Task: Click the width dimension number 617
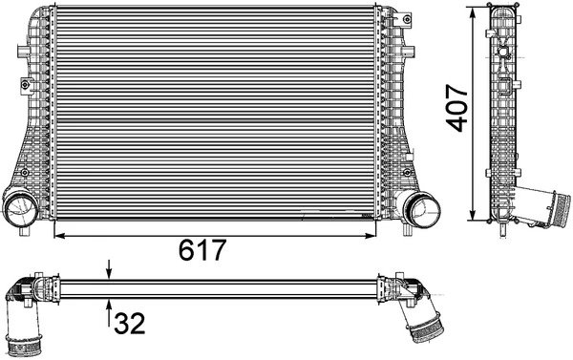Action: (202, 250)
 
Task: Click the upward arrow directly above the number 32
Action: (110, 306)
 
